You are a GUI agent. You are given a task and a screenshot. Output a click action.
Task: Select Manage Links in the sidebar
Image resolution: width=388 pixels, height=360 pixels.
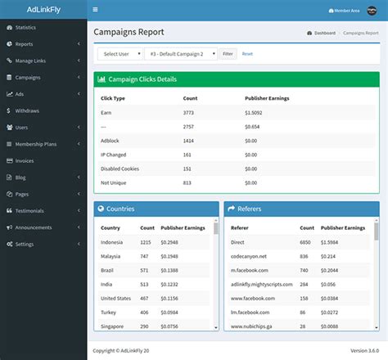point(30,61)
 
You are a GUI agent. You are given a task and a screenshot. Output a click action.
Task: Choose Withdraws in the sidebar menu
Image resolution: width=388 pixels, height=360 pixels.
point(27,110)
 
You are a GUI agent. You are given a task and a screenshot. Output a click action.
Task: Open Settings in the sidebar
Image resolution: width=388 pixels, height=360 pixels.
point(25,244)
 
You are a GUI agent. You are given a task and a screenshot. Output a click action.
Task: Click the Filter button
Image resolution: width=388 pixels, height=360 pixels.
point(228,53)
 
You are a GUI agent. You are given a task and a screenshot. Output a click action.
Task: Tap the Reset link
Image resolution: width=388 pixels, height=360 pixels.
point(247,53)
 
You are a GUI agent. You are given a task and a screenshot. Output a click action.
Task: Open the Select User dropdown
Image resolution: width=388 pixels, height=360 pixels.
point(118,53)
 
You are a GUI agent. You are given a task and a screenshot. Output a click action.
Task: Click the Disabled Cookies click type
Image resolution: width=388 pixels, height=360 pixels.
point(120,168)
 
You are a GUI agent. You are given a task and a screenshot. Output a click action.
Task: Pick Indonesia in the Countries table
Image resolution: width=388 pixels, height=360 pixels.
point(112,242)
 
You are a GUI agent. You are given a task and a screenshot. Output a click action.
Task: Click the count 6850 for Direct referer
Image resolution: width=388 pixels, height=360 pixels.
point(304,242)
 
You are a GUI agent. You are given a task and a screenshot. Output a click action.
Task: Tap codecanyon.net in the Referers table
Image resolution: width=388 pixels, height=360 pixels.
point(249,256)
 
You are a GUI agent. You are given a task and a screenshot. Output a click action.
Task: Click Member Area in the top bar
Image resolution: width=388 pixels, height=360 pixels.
point(345,10)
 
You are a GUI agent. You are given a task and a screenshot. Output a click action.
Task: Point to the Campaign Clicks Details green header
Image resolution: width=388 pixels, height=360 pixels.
point(237,79)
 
